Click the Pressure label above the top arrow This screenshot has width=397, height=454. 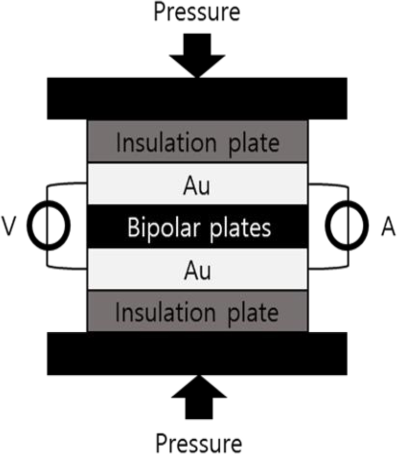click(x=197, y=12)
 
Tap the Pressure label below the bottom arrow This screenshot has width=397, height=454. click(x=198, y=443)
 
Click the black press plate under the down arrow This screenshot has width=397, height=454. click(x=197, y=98)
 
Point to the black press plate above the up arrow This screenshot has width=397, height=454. click(x=197, y=354)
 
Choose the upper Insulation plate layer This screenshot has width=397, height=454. click(x=197, y=142)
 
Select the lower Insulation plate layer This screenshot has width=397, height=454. click(x=197, y=311)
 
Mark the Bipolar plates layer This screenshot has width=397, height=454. click(x=197, y=227)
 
